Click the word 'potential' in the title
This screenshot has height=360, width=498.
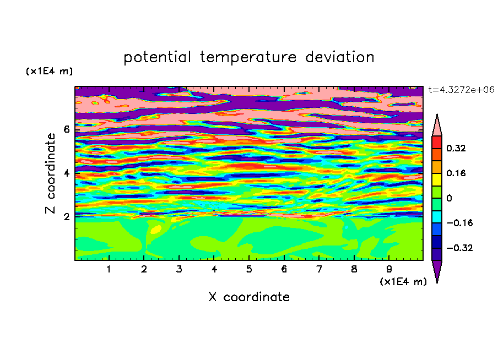click(x=157, y=57)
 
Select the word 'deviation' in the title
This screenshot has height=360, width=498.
click(x=340, y=57)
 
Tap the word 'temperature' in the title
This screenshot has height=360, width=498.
click(x=248, y=58)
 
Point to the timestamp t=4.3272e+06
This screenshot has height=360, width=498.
click(x=461, y=90)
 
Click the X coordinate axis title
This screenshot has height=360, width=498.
click(x=249, y=297)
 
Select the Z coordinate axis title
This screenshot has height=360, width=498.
click(x=50, y=173)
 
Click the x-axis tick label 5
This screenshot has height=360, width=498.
click(x=249, y=269)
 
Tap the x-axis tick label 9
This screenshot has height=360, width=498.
click(x=389, y=269)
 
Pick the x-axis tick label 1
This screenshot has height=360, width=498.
click(x=109, y=269)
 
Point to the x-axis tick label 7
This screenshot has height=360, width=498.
click(x=319, y=269)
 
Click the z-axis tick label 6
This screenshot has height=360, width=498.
click(x=66, y=129)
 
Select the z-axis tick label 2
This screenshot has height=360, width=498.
click(x=66, y=217)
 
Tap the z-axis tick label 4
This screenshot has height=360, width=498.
click(x=66, y=173)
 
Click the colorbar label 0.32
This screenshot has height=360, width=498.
click(x=456, y=148)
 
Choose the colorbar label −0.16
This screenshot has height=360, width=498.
click(x=459, y=223)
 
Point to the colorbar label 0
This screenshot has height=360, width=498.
click(x=449, y=198)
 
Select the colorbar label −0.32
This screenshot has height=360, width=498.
click(x=459, y=248)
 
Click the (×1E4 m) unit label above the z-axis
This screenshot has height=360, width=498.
click(x=49, y=71)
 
